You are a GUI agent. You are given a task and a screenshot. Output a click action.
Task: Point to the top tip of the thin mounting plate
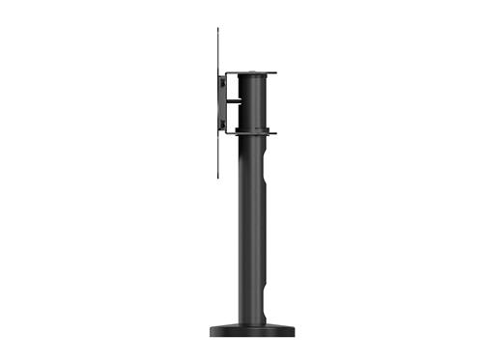(218, 29)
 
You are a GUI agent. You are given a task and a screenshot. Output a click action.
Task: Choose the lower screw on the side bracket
(223, 124)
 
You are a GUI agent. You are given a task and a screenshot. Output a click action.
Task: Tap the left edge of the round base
(211, 331)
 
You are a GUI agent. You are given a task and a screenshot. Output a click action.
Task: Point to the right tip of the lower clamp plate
(276, 133)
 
